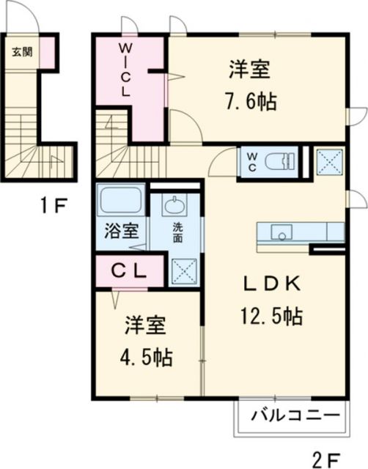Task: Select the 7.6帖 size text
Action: pos(251,102)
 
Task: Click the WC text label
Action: pos(251,161)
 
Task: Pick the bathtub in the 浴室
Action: pos(122,200)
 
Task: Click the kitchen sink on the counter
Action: pos(281,232)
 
